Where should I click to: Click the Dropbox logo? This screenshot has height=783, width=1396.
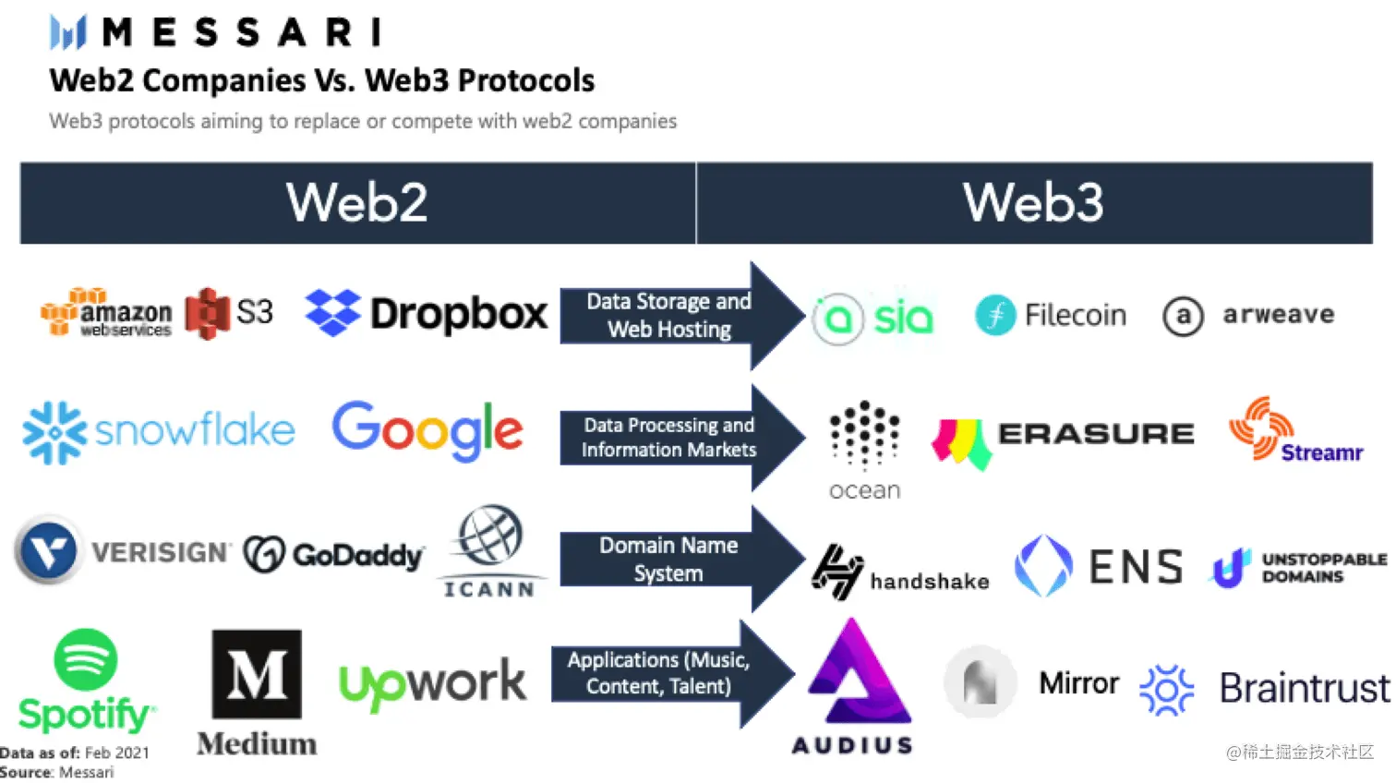pos(427,314)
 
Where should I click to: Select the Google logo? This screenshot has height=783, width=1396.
pos(427,430)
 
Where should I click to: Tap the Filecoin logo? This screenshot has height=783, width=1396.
pos(1051,316)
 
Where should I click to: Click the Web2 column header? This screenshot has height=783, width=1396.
pos(357,203)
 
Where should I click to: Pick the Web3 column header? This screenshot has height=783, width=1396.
pos(1033,203)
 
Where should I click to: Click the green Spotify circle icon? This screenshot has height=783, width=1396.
pos(86,659)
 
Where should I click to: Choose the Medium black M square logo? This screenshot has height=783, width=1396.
pos(257,674)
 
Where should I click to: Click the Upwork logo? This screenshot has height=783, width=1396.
pos(432,683)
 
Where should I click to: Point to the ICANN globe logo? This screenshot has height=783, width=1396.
pos(490,536)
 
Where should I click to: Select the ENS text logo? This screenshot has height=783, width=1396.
pos(1136,567)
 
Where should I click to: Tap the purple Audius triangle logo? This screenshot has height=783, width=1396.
pos(856,674)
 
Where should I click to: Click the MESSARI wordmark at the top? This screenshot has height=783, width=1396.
pos(242,33)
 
